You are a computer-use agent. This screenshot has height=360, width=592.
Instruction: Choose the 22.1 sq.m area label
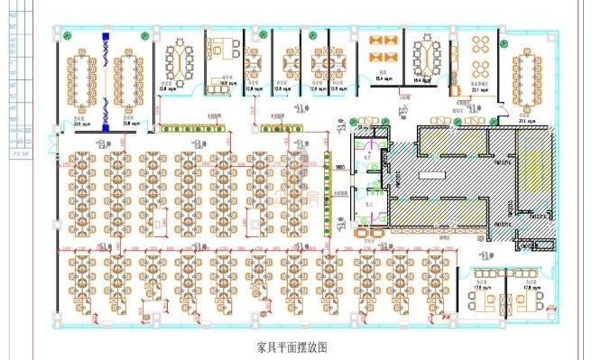click(x=480, y=89)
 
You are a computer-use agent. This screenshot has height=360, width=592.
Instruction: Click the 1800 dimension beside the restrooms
click(x=340, y=168)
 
